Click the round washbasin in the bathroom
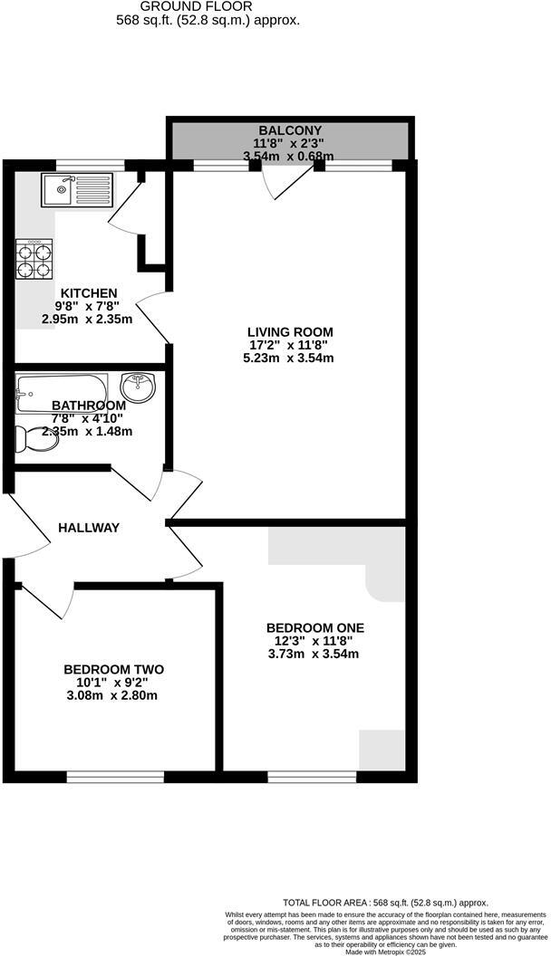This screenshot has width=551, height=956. (x=138, y=387)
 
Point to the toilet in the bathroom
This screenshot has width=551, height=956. (x=34, y=440)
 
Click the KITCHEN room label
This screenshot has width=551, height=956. (x=89, y=293)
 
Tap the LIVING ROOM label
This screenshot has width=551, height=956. (x=292, y=331)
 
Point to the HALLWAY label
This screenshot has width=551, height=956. (x=89, y=527)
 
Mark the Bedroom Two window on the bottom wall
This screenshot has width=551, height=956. (x=115, y=776)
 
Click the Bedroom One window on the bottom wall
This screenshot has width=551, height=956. (x=312, y=776)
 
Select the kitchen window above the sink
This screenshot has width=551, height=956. (x=91, y=165)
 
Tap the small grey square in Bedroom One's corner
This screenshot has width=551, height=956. (x=381, y=750)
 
